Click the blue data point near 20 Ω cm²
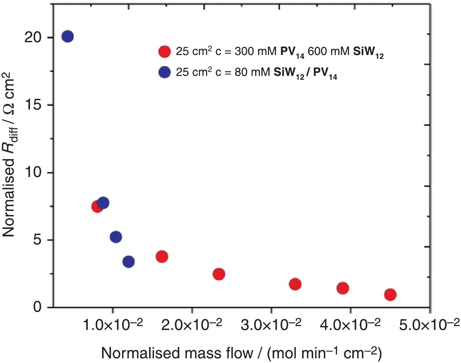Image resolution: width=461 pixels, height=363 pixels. point(67,37)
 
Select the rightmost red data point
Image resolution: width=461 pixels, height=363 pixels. point(390,294)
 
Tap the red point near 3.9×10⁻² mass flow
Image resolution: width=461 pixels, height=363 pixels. point(343,288)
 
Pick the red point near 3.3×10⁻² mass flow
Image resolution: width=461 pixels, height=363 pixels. point(295,284)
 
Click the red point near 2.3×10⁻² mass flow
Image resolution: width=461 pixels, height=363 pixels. point(219,274)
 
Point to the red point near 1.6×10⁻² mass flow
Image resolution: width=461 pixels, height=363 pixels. point(162,256)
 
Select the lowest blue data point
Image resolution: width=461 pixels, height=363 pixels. point(128,261)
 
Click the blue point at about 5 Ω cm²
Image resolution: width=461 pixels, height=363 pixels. point(116,237)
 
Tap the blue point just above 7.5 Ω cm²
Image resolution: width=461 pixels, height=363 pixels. point(103,203)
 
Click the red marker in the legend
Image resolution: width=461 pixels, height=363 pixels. point(164,51)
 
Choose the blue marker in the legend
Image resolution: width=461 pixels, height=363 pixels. point(164,72)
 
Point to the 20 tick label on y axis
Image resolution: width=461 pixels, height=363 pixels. point(33,38)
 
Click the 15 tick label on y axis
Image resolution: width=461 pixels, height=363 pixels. point(33,105)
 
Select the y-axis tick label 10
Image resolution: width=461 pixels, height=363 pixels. point(33,172)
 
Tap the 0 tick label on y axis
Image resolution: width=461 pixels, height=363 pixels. point(38,307)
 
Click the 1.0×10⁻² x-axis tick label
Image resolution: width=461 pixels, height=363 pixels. point(113,325)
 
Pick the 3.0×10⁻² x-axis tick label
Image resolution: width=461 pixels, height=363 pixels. point(271,325)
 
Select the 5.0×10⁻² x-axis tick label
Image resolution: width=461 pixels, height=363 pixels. point(429,325)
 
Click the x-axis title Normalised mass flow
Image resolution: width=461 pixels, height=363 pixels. point(241,353)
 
